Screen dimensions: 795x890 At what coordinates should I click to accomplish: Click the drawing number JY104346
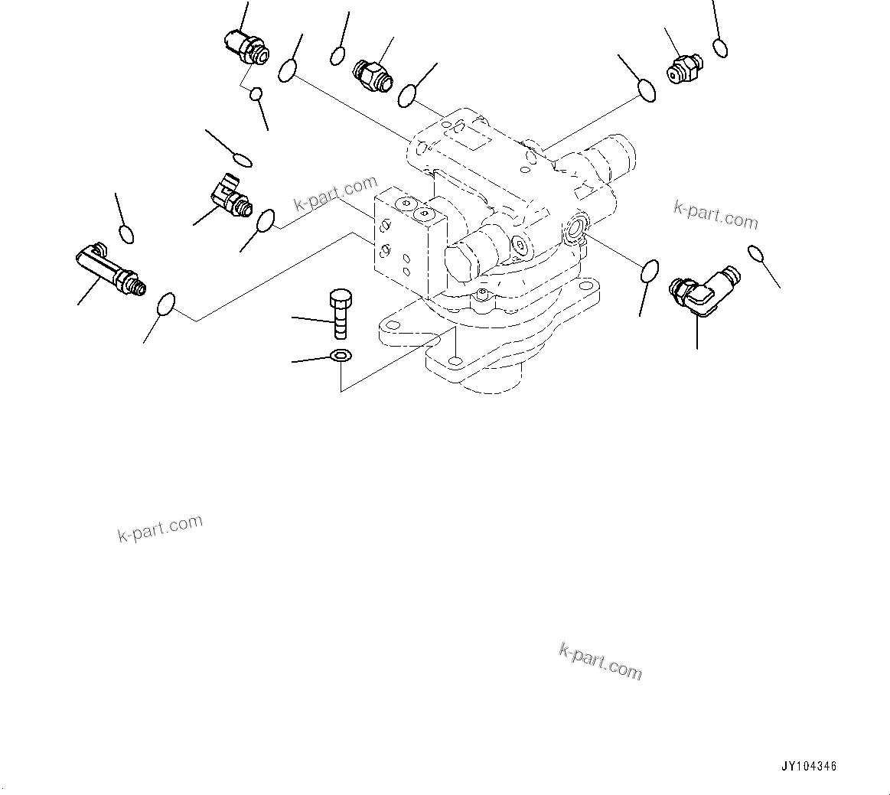pos(809,766)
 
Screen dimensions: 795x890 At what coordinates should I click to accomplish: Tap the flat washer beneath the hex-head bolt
pos(340,356)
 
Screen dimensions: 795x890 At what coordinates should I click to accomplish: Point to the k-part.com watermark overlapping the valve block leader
pos(336,195)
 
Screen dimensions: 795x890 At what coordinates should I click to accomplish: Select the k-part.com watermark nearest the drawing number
pos(601,660)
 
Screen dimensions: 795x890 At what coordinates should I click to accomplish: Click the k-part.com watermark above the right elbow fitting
pos(716,215)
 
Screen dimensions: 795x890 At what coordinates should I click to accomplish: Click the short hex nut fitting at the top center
pos(372,73)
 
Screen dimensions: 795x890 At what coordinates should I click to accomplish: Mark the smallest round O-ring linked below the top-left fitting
pos(257,94)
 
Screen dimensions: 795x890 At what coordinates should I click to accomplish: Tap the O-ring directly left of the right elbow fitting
pos(650,270)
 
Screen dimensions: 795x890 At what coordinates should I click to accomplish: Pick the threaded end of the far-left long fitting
pos(137,285)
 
